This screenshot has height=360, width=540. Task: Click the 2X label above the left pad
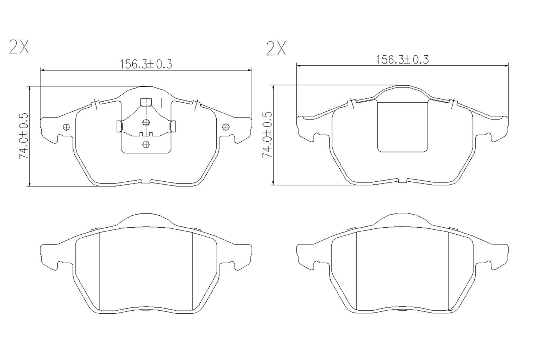pos(19,47)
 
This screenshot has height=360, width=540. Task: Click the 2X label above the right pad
pos(276,49)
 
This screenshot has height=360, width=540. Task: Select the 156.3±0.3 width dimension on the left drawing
pos(146,64)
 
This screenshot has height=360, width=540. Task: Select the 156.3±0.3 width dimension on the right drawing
pos(402,59)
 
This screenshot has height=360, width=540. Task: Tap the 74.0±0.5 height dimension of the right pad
pos(268,135)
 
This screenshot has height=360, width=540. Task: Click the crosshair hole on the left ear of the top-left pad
pos(67,127)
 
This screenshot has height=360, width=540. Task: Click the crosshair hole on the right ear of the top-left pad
pos(225,127)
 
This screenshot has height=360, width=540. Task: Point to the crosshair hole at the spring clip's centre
pos(146,122)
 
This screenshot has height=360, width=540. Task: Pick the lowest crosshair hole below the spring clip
pos(146,144)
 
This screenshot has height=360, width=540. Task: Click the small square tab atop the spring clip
pos(145,102)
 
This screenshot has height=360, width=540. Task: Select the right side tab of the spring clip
pos(173,126)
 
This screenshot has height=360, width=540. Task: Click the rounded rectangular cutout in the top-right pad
pos(402,127)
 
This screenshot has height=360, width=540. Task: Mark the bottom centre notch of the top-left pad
pos(146,182)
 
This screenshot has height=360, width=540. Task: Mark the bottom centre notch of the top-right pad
pos(402,181)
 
